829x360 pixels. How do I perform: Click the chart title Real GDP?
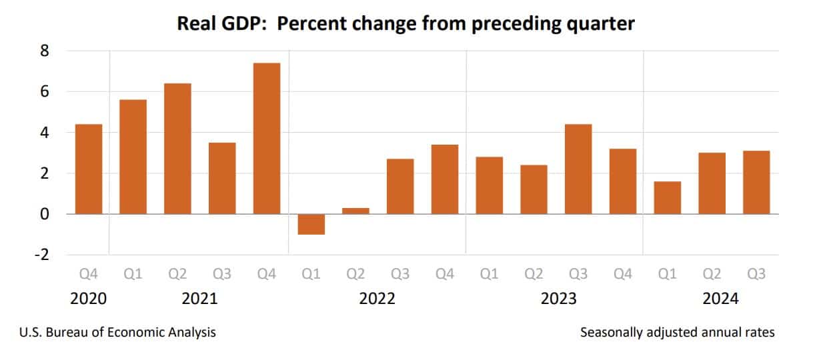coord(405,25)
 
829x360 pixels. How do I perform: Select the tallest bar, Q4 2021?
coord(266,139)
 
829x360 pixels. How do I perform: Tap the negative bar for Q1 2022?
coord(311,225)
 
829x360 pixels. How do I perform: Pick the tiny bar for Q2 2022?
coord(355,211)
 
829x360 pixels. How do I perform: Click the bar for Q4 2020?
coord(88,169)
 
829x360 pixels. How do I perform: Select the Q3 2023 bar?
coord(578,169)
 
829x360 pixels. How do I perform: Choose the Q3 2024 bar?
coord(756,182)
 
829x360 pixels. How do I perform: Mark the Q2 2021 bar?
coord(177,149)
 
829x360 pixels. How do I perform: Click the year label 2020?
coord(88,299)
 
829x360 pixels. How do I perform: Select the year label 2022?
coord(377,299)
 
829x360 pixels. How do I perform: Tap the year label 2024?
coord(721,299)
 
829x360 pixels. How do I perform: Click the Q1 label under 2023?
coord(489,274)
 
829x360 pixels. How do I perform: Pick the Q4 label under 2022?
coord(445,274)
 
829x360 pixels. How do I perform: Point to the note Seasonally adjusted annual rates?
coord(678,332)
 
